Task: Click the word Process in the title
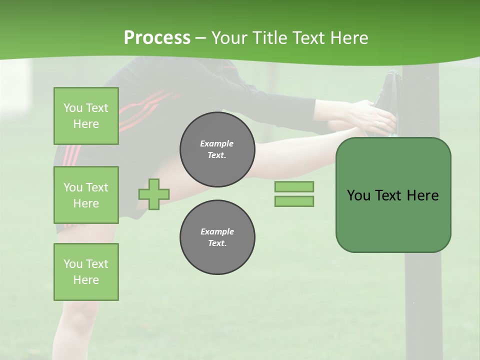[x=157, y=38]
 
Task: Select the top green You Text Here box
[x=86, y=116]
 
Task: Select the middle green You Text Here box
[x=86, y=195]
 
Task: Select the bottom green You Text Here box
[x=86, y=272]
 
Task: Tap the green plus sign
[x=154, y=194]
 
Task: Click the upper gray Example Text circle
[x=217, y=149]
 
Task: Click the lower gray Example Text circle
[x=217, y=237]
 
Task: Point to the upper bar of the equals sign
[x=294, y=186]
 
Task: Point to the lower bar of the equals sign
[x=294, y=201]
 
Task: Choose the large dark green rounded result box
[x=393, y=195]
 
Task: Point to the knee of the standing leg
[x=75, y=310]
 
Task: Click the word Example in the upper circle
[x=216, y=143]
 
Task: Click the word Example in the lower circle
[x=217, y=231]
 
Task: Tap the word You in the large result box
[x=358, y=195]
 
